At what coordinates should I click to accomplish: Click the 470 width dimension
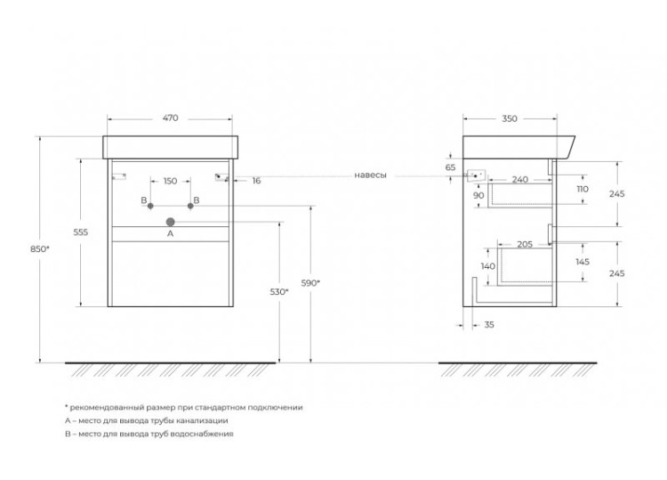[170, 118]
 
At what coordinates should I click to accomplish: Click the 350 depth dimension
[510, 118]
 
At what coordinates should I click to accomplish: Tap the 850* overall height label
[39, 249]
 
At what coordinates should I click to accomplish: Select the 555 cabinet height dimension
[80, 232]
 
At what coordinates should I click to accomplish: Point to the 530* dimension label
[279, 292]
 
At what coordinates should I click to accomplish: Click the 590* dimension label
[310, 283]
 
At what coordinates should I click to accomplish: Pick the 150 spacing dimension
[170, 181]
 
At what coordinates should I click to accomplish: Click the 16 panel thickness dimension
[256, 181]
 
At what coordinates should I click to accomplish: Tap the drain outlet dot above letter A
[170, 222]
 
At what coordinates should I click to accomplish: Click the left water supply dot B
[150, 206]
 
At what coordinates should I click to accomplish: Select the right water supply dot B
[190, 206]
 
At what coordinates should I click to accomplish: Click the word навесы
[371, 175]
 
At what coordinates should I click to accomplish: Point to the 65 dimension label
[451, 167]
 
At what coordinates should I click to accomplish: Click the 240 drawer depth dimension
[520, 179]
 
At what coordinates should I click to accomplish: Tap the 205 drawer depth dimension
[525, 245]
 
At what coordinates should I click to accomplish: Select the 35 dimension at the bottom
[489, 324]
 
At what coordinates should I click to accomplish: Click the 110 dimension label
[583, 189]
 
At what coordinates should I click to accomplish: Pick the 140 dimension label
[488, 266]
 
